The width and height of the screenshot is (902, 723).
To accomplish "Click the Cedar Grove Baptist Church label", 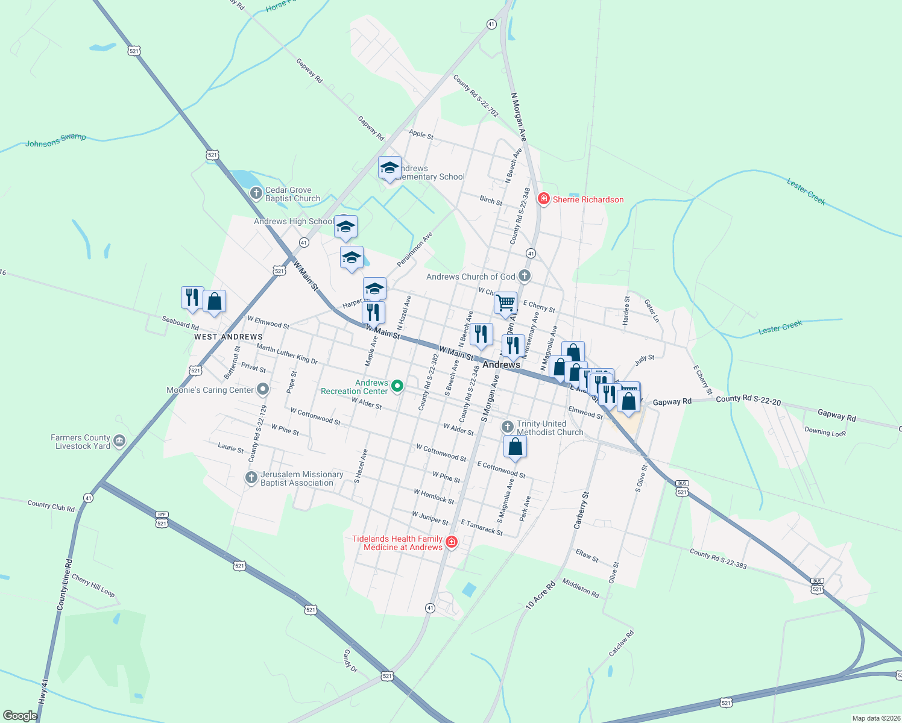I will click(292, 194).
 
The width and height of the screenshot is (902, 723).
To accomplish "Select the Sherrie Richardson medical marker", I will click(544, 199).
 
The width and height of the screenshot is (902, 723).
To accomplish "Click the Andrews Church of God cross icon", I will click(525, 277).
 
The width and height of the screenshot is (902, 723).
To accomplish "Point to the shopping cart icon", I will click(505, 303).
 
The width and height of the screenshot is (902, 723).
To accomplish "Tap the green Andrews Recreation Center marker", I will click(397, 386).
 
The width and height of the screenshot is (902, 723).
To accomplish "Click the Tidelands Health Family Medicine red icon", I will click(451, 543).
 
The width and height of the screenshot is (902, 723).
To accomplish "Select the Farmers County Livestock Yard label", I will click(80, 442).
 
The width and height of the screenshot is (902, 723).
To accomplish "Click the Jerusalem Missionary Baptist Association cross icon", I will click(251, 478).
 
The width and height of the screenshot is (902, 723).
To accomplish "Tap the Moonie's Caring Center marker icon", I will click(262, 389).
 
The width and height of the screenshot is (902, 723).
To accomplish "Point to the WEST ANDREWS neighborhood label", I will click(229, 337).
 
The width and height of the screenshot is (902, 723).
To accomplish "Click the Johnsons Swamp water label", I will click(55, 140).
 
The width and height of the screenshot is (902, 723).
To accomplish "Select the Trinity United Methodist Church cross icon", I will click(508, 427).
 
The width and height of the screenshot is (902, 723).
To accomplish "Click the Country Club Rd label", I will click(51, 505).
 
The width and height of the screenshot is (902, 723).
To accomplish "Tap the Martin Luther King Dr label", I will click(287, 354).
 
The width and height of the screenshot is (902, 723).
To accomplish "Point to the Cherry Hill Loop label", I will click(93, 585).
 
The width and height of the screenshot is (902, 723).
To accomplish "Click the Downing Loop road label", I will click(825, 432).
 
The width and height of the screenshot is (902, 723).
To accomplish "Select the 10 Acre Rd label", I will click(540, 595).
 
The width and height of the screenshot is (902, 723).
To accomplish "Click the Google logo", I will click(20, 715).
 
